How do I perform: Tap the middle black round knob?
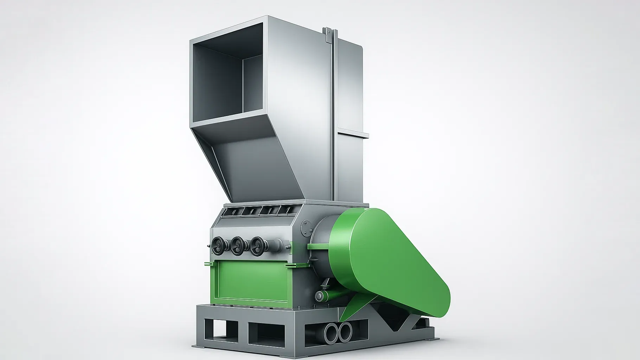[x=238, y=243]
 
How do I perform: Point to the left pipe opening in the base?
[x=332, y=332]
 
